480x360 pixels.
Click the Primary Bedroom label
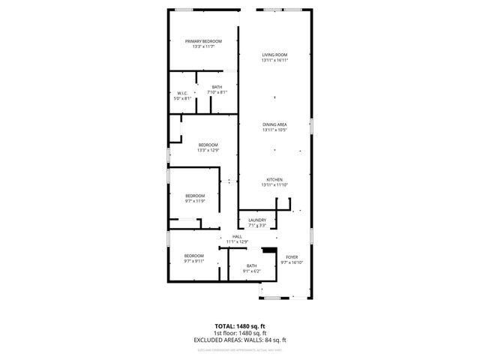(203, 41)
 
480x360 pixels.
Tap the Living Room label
(274, 55)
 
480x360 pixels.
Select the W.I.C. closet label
(182, 93)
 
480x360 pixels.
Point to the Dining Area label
(274, 124)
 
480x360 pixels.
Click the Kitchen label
(274, 179)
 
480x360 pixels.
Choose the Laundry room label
(257, 220)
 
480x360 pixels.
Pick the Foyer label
(291, 257)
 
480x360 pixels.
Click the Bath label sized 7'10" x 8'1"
(217, 88)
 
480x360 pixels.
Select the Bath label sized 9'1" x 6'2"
(251, 265)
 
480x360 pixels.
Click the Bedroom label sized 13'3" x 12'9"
(208, 145)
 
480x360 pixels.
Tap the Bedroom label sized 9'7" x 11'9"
(195, 196)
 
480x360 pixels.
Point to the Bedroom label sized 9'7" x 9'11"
(195, 256)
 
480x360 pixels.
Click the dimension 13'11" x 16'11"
(274, 61)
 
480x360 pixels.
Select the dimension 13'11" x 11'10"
(274, 184)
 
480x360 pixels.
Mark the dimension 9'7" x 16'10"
(291, 262)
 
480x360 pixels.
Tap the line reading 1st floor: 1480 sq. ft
(240, 333)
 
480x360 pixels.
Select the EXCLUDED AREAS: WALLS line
(240, 340)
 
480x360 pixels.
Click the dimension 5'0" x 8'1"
(182, 98)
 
